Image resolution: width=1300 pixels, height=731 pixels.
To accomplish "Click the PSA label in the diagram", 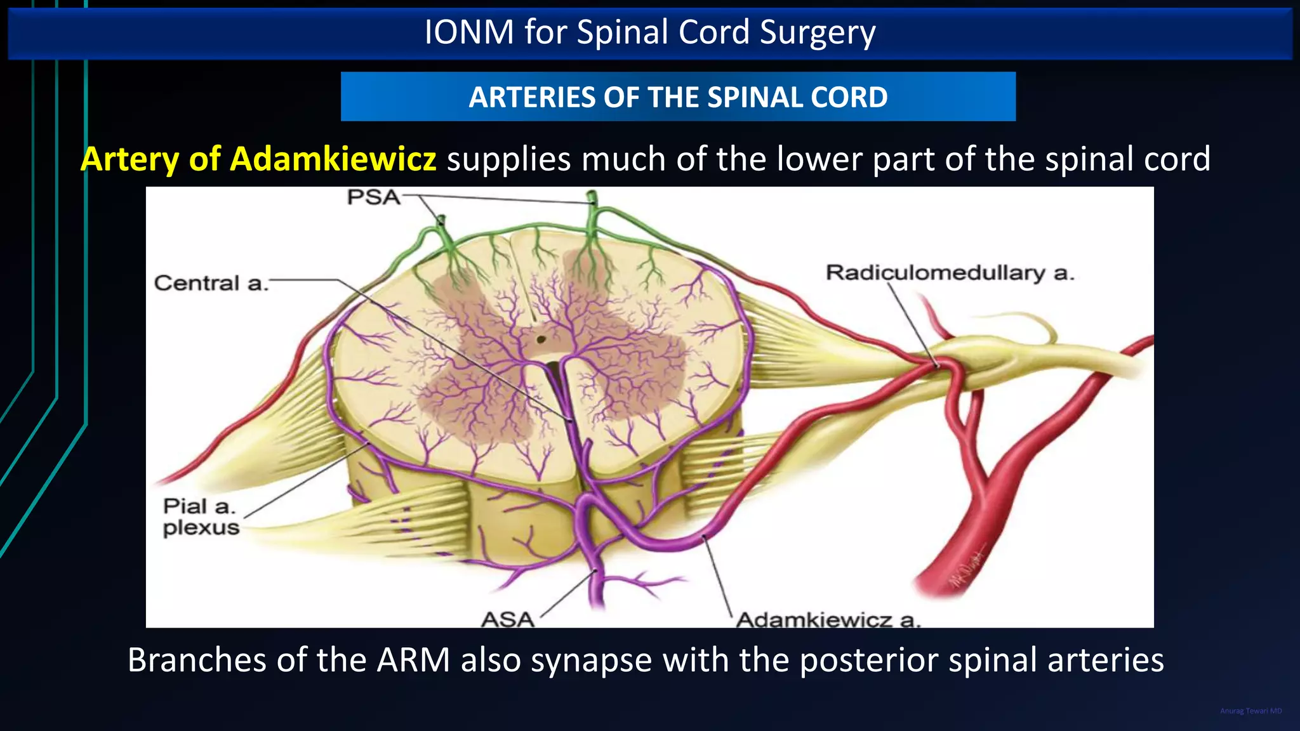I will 374,197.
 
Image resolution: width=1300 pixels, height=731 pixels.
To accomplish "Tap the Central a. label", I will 211,283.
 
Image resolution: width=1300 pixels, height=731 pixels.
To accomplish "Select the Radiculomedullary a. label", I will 950,273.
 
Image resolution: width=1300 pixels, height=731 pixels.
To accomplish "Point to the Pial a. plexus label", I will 201,517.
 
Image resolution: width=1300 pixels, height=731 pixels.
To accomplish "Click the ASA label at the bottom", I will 507,619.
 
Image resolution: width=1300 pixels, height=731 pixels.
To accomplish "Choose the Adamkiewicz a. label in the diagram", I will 827,619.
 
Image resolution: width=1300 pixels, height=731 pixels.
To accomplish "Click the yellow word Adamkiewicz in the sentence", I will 333,159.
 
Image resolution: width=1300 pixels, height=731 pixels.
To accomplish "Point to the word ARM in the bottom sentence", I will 413,660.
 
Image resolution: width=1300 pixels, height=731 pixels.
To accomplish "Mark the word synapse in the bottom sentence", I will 591,660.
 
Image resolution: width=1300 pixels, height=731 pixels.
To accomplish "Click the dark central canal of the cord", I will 541,339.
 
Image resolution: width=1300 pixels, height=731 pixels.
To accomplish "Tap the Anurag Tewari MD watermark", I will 1250,711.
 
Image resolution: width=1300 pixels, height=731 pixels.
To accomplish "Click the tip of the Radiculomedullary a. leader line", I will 937,365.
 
